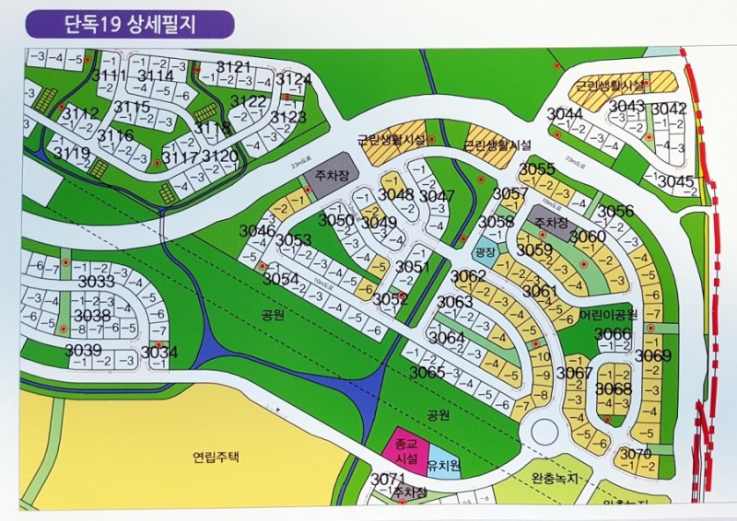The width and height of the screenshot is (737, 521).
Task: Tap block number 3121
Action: [234, 66]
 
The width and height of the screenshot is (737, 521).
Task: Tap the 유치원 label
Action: [444, 466]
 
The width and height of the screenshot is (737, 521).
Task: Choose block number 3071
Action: [388, 479]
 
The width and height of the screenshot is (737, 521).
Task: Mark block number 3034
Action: [159, 352]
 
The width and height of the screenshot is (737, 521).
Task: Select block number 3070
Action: [636, 453]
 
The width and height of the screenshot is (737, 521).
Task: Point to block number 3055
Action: [537, 168]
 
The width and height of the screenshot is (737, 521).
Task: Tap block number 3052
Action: [390, 298]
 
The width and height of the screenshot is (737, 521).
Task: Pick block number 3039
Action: [83, 350]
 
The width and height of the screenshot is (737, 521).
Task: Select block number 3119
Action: [72, 152]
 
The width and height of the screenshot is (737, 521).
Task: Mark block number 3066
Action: [613, 332]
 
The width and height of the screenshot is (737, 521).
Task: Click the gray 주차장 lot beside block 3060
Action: [555, 226]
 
